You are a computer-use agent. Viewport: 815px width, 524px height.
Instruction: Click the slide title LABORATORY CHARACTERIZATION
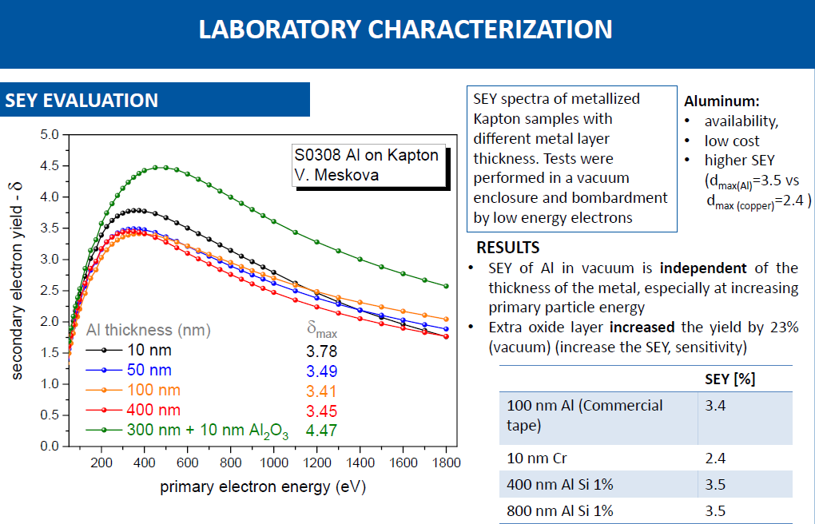tap(405, 30)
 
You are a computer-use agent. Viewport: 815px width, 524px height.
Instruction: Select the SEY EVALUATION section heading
tap(81, 101)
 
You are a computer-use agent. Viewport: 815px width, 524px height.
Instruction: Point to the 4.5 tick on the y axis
tap(50, 165)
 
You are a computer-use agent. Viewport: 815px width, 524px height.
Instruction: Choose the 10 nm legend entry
tap(149, 350)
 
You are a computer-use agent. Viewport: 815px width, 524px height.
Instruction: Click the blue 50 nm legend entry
tap(149, 371)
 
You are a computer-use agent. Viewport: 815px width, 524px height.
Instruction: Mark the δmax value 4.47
tap(322, 430)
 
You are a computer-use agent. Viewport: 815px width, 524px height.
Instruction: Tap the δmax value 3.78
tap(322, 351)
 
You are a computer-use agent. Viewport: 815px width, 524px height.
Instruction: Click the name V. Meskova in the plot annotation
tap(334, 173)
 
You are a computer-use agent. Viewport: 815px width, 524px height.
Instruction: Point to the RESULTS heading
tap(507, 248)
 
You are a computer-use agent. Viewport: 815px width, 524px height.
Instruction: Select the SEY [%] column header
tap(730, 379)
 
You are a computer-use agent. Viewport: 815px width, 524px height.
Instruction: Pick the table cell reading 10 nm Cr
tap(539, 458)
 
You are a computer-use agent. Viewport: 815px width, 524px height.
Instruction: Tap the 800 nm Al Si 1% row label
tap(560, 510)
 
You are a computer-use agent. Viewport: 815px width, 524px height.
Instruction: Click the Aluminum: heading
tap(722, 102)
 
